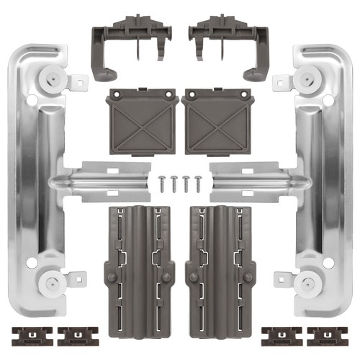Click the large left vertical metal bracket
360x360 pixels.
(x=29, y=180)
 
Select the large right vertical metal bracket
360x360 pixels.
(x=331, y=180)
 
